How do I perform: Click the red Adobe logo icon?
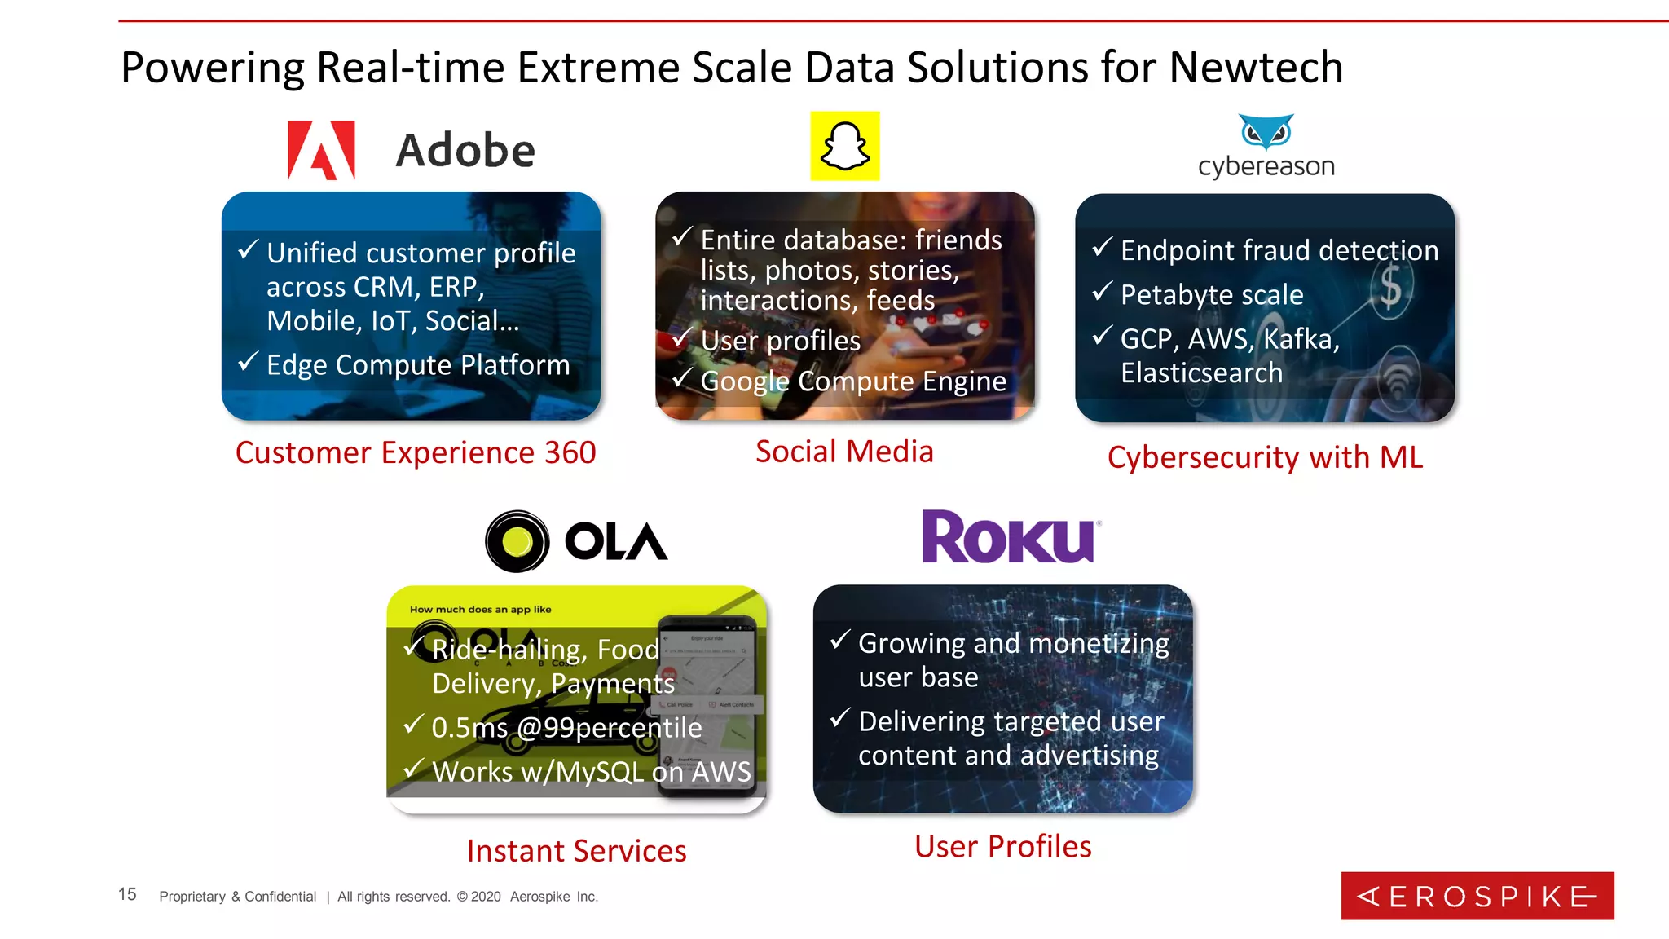(321, 150)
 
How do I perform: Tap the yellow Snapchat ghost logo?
(844, 146)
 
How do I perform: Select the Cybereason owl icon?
(1266, 131)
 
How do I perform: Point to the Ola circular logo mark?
(517, 541)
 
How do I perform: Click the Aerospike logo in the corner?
(1477, 896)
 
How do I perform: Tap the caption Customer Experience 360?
(416, 452)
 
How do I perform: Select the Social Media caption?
(844, 452)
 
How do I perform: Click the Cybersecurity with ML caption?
(1265, 457)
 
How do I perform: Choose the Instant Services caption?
(576, 851)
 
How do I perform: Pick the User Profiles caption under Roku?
(1002, 847)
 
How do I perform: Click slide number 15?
(127, 894)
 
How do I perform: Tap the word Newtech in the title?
(1256, 67)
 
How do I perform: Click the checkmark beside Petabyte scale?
(1102, 291)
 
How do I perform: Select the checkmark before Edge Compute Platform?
(248, 361)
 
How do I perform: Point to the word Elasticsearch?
(1201, 373)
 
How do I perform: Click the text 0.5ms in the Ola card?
(469, 728)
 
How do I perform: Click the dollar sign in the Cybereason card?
(1390, 288)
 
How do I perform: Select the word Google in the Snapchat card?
(745, 381)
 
